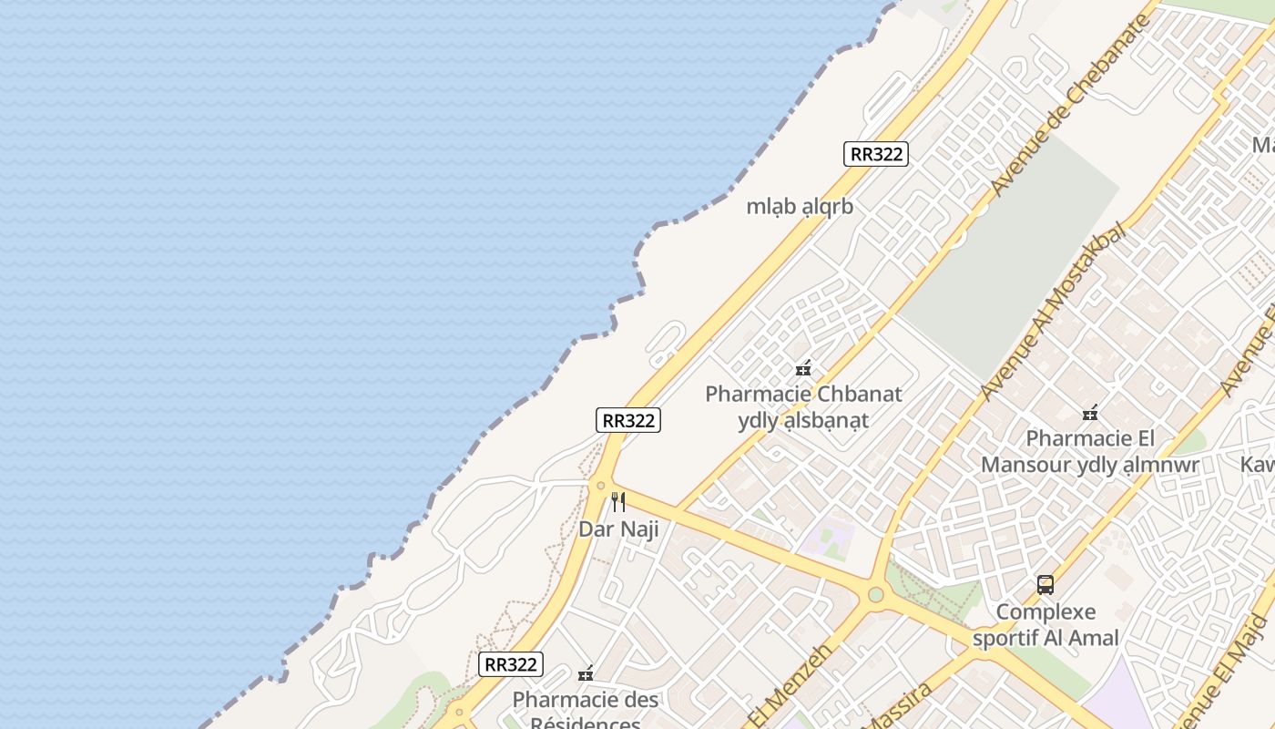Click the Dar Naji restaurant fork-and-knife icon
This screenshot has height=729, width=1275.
click(618, 501)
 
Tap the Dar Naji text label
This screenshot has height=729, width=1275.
click(618, 529)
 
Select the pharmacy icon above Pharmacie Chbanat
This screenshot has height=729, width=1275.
click(803, 368)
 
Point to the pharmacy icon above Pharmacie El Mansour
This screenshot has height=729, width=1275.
click(1090, 413)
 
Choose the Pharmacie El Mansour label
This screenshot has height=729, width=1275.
click(1090, 452)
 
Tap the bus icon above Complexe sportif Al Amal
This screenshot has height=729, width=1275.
click(1045, 584)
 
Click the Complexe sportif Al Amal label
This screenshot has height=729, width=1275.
click(1045, 624)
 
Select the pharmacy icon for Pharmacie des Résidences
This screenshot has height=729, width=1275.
click(586, 673)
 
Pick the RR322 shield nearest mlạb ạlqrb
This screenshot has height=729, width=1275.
click(875, 154)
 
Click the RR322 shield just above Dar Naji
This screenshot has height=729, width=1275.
click(628, 420)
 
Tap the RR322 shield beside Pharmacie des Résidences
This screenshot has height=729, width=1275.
click(511, 663)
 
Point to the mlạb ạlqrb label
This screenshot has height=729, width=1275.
click(800, 207)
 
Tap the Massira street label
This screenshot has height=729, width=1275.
click(896, 706)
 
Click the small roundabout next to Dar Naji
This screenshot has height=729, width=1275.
click(600, 486)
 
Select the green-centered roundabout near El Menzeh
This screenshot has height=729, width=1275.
click(875, 595)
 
